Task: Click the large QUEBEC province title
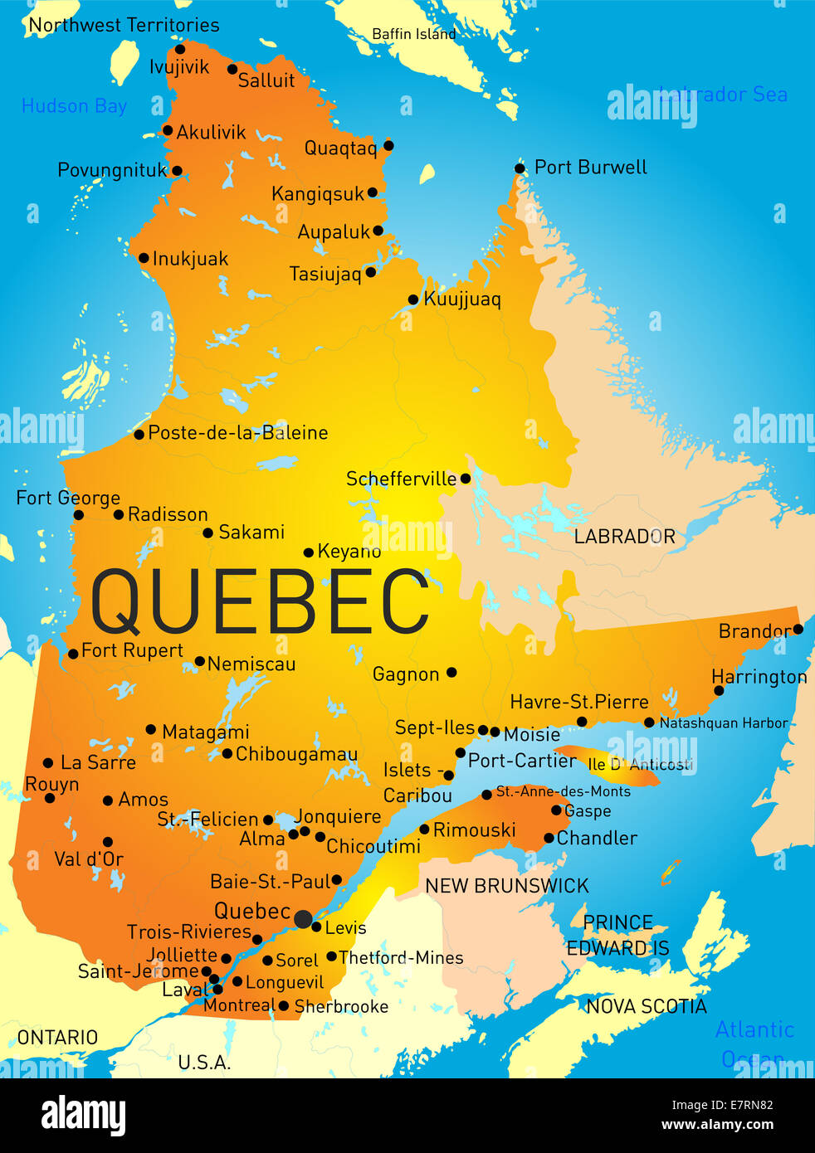260,601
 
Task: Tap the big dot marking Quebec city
304,918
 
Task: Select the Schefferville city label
401,479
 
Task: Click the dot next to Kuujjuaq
413,299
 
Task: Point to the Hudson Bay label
74,106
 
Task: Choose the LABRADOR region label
624,537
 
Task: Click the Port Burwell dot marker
520,168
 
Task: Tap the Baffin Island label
413,34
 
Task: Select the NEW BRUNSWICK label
506,886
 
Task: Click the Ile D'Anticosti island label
640,764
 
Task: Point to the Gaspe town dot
556,810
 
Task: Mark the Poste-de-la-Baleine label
237,432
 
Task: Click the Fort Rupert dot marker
73,654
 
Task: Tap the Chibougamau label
296,754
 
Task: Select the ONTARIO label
57,1037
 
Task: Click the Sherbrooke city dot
284,1006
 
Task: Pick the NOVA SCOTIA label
646,1006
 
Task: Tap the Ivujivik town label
179,66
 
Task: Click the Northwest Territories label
124,25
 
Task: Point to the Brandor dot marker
798,630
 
